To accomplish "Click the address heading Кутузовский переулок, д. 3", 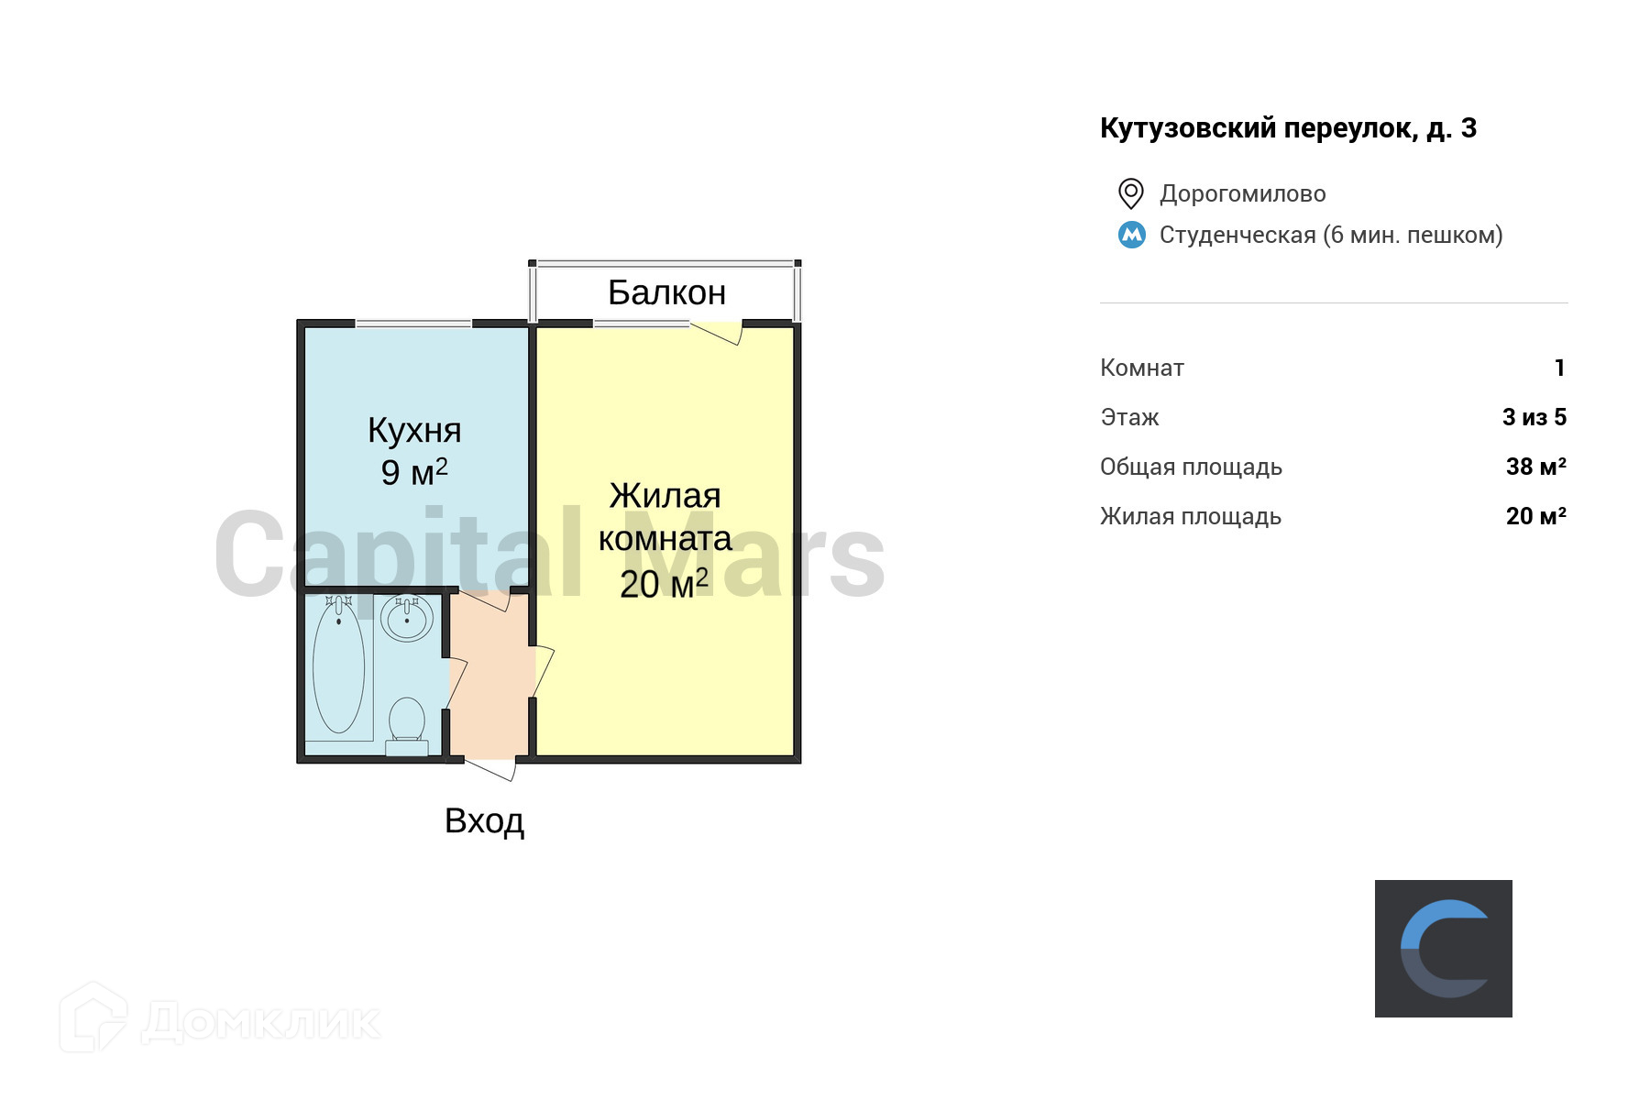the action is pyautogui.click(x=1288, y=128).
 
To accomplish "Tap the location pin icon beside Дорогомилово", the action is pyautogui.click(x=1131, y=193).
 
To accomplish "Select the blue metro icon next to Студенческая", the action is pyautogui.click(x=1132, y=235).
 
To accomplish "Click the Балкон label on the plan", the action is pyautogui.click(x=666, y=292).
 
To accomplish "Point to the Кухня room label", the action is pyautogui.click(x=414, y=430).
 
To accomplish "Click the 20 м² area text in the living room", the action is pyautogui.click(x=664, y=584).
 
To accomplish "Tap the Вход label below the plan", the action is pyautogui.click(x=484, y=820).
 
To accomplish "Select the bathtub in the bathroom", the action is pyautogui.click(x=338, y=666).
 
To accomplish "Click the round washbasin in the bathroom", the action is pyautogui.click(x=407, y=619).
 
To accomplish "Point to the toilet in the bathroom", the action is pyautogui.click(x=407, y=720).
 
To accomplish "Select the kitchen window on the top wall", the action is pyautogui.click(x=413, y=324).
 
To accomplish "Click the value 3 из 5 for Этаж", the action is pyautogui.click(x=1534, y=417).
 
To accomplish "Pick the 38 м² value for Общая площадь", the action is pyautogui.click(x=1535, y=467).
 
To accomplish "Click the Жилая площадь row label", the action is pyautogui.click(x=1190, y=516).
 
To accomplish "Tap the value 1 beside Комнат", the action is pyautogui.click(x=1559, y=368).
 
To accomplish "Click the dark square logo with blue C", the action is pyautogui.click(x=1443, y=948).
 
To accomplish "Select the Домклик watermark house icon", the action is pyautogui.click(x=93, y=1017).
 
